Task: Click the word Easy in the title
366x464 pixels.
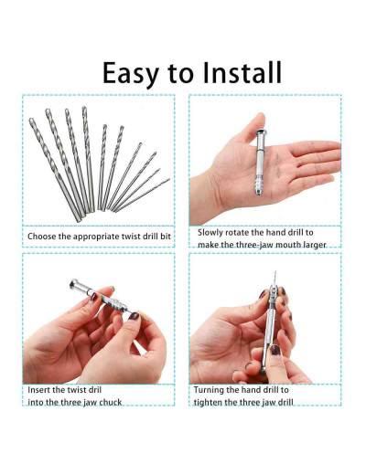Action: pyautogui.click(x=131, y=74)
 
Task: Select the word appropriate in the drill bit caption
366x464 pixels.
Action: pyautogui.click(x=97, y=237)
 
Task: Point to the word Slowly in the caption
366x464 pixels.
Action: pyautogui.click(x=211, y=233)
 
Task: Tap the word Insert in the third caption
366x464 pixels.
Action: pyautogui.click(x=38, y=390)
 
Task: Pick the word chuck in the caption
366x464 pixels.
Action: pyautogui.click(x=111, y=403)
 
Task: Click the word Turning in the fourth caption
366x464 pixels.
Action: pyautogui.click(x=210, y=390)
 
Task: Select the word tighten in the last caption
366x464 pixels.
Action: pyautogui.click(x=208, y=403)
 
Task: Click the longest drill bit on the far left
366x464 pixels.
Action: pyautogui.click(x=55, y=169)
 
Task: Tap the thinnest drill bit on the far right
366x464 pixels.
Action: pyautogui.click(x=143, y=195)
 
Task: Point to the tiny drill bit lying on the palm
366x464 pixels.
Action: pyautogui.click(x=278, y=165)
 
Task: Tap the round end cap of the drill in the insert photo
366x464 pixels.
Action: pyautogui.click(x=75, y=284)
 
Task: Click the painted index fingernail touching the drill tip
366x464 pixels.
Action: pyautogui.click(x=134, y=316)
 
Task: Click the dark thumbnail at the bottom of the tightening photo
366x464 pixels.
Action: pyautogui.click(x=275, y=350)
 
